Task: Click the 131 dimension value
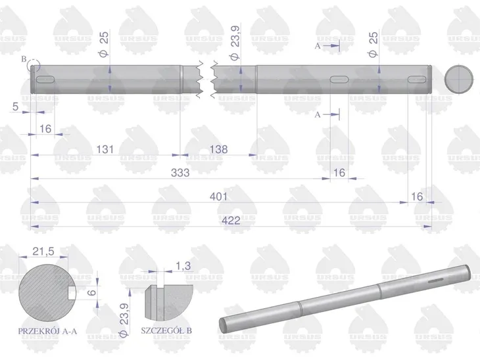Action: [105, 149]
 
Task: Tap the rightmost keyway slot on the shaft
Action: [417, 79]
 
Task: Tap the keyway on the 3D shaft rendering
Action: [436, 281]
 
